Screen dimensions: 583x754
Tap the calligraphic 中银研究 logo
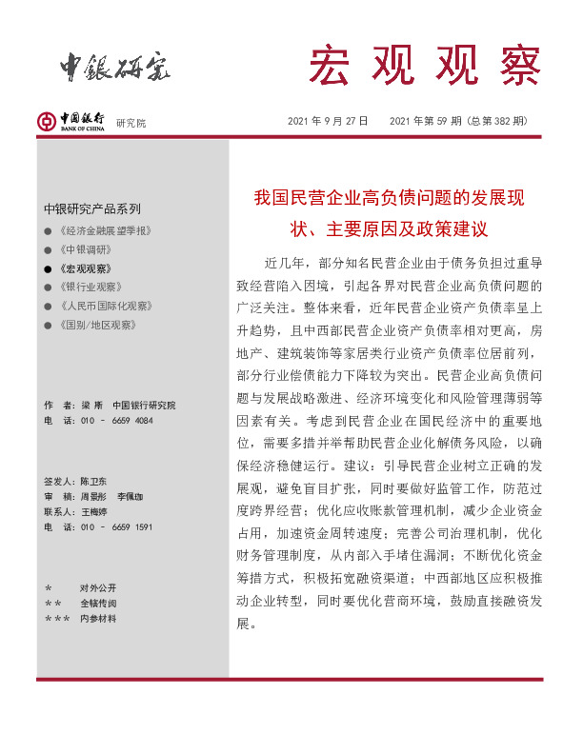115,65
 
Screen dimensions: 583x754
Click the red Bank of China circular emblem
46,121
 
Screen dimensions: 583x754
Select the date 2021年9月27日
328,122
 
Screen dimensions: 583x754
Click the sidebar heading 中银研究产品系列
91,208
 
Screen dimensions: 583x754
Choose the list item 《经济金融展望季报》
105,231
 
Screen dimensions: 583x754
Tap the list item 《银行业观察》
89,288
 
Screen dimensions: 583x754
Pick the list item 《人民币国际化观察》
105,307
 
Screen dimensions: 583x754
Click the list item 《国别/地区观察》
98,325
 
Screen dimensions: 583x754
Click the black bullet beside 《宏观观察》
48,268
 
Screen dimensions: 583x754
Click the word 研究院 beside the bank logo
131,123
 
